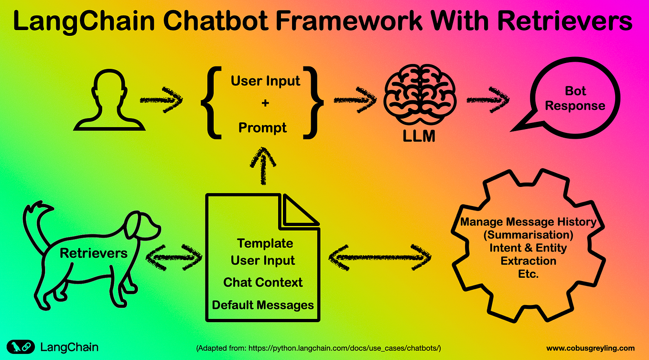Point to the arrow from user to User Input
[x=161, y=100]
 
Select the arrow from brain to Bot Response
[x=487, y=100]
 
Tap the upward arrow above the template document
[x=262, y=165]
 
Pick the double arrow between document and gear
[x=380, y=259]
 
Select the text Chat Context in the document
[x=263, y=282]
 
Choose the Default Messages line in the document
[x=263, y=305]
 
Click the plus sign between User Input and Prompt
[x=265, y=103]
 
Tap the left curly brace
[x=209, y=102]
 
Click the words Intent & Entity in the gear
[x=528, y=248]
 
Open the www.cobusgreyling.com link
[x=590, y=348]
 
